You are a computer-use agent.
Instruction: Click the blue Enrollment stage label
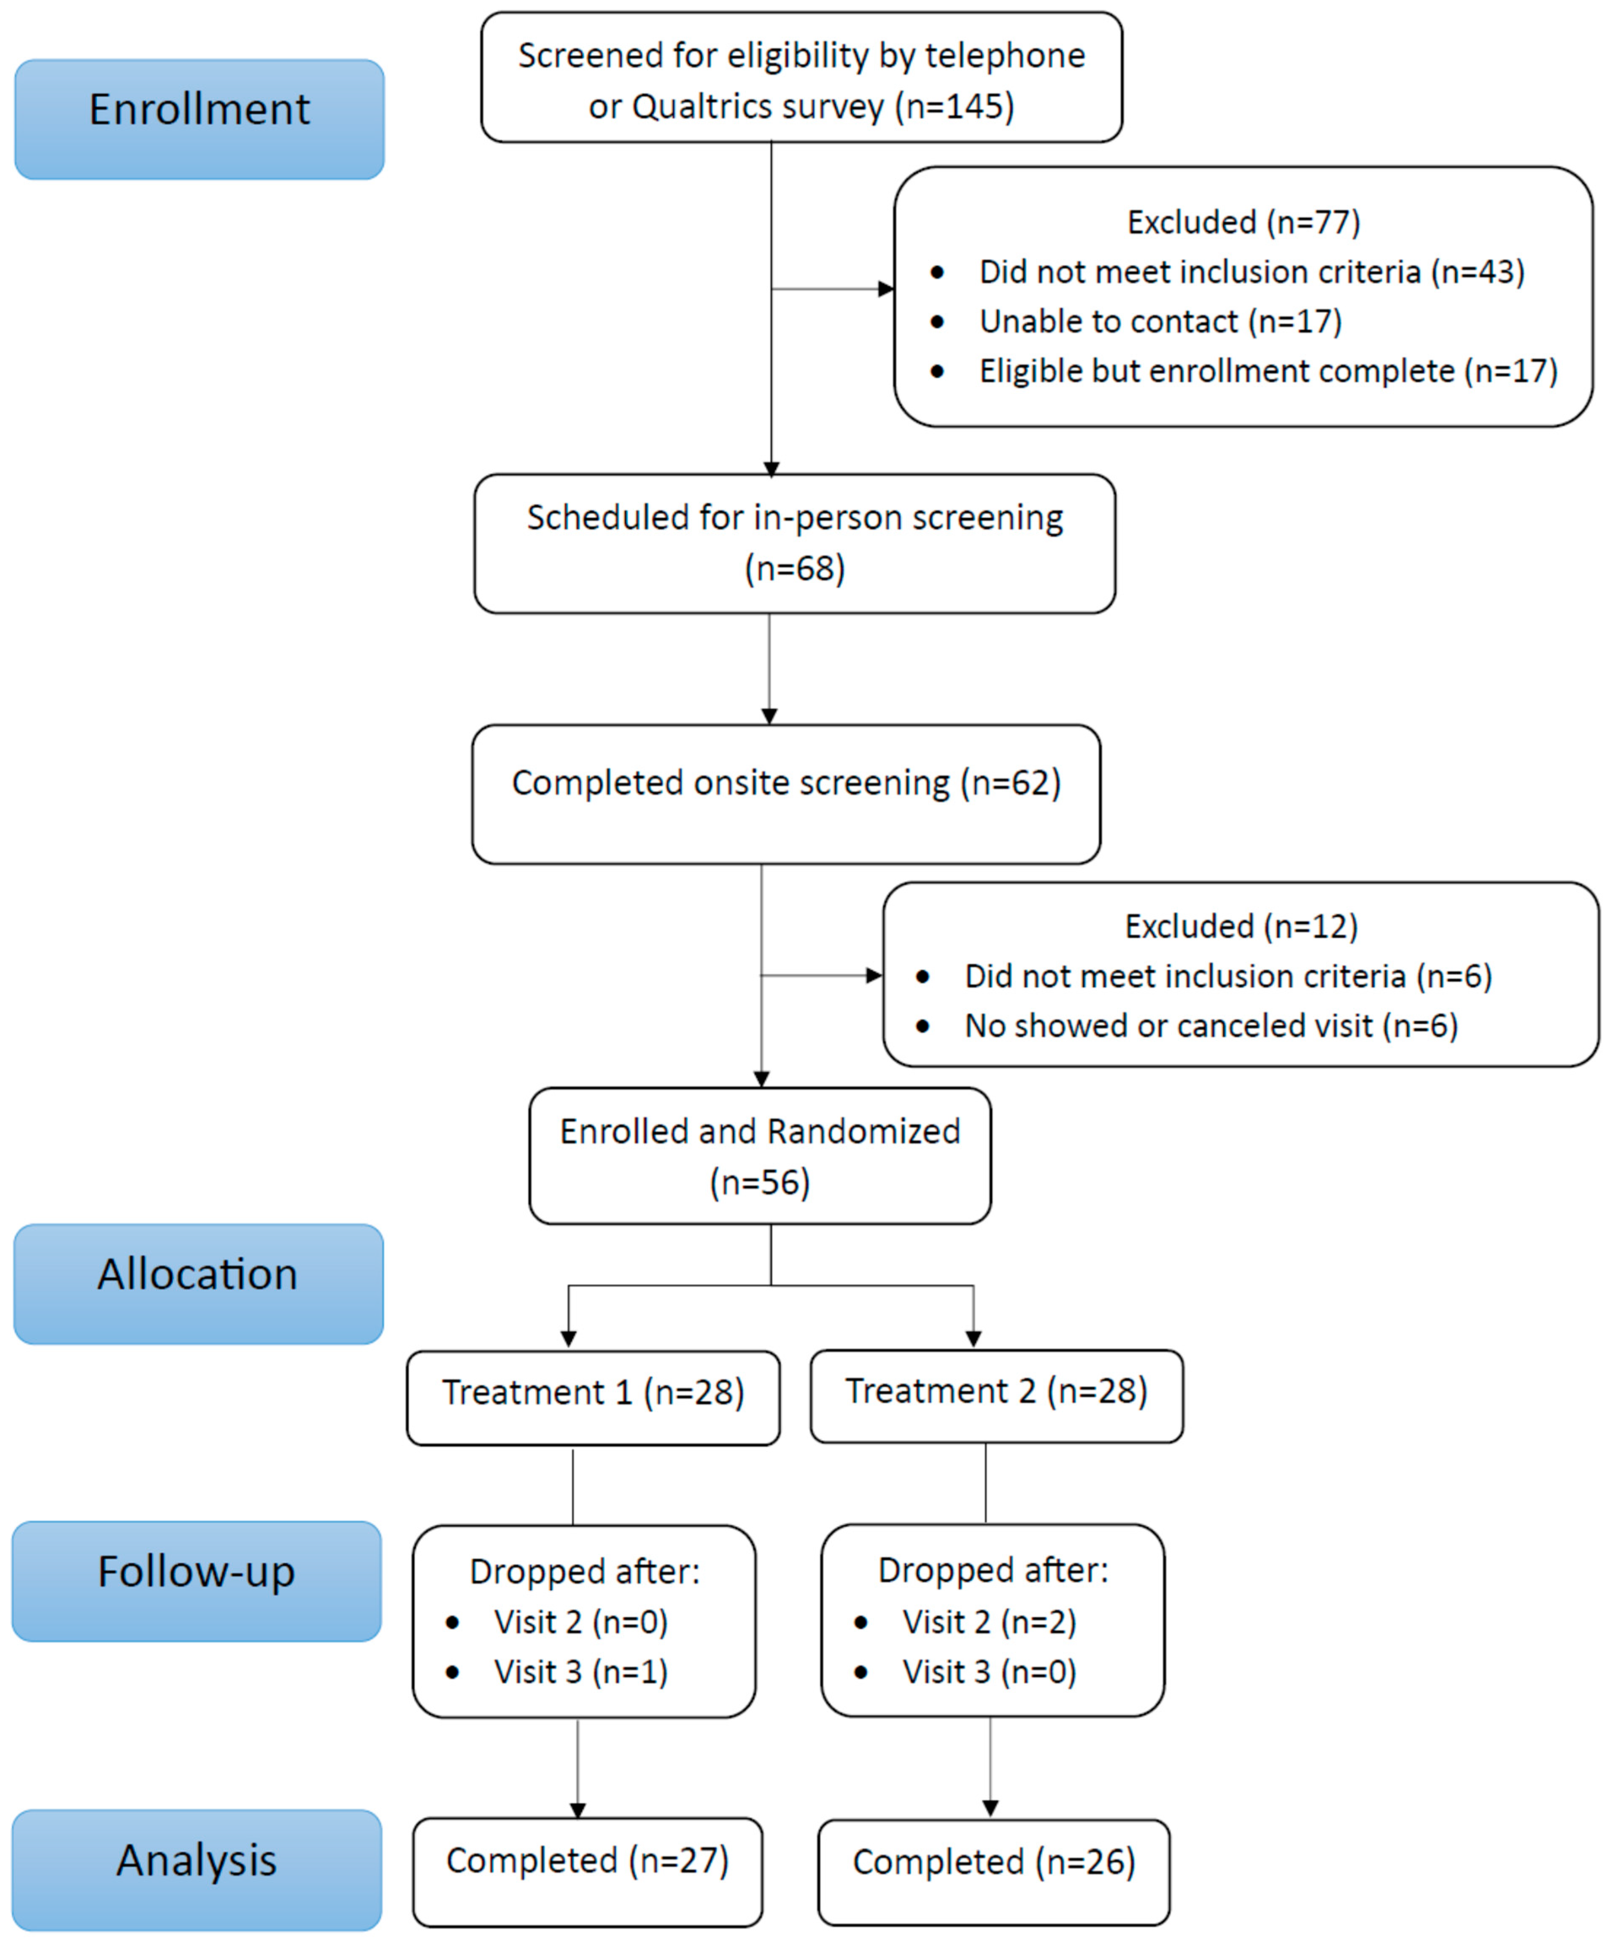pos(199,119)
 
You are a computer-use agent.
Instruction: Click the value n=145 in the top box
pos(955,106)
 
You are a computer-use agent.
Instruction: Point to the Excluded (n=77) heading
pos(1243,222)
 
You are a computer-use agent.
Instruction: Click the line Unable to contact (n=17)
pos(1160,321)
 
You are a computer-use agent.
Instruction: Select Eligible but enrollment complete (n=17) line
pos(1268,371)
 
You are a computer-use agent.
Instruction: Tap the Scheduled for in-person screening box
pos(794,544)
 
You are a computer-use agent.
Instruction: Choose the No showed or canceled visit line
pos(1210,1026)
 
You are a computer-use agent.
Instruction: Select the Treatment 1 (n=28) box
pos(593,1397)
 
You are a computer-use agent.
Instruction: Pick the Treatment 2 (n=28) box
pos(996,1395)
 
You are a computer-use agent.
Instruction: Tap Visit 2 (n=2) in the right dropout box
pos(989,1622)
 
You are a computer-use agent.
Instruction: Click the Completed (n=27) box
pos(587,1872)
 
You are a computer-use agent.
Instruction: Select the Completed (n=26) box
pos(993,1873)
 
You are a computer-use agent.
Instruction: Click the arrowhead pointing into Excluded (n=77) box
pos(885,289)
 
